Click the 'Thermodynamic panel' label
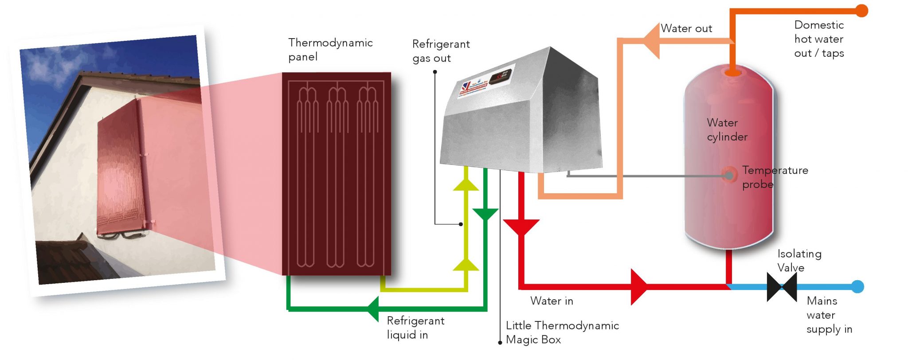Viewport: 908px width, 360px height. click(330, 50)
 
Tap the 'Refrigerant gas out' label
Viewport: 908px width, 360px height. click(441, 51)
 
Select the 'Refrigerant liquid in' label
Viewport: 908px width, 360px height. click(415, 328)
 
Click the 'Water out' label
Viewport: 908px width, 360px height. click(686, 28)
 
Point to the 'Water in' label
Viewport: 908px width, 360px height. click(552, 301)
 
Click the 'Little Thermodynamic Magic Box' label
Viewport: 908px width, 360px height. click(562, 333)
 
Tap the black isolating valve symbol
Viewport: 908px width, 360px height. click(782, 287)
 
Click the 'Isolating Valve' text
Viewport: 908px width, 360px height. click(799, 261)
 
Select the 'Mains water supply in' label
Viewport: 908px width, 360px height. click(829, 315)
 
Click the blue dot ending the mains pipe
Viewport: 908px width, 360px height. click(858, 286)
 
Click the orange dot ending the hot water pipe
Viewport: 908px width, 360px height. click(861, 11)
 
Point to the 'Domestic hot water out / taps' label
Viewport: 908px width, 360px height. click(819, 39)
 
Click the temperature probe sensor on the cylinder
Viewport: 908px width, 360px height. click(729, 175)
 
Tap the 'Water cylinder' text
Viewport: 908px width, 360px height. click(727, 129)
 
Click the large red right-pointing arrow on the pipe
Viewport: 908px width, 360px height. click(639, 287)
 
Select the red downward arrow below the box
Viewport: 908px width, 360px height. click(521, 227)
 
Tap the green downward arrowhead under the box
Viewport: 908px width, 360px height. click(485, 214)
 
